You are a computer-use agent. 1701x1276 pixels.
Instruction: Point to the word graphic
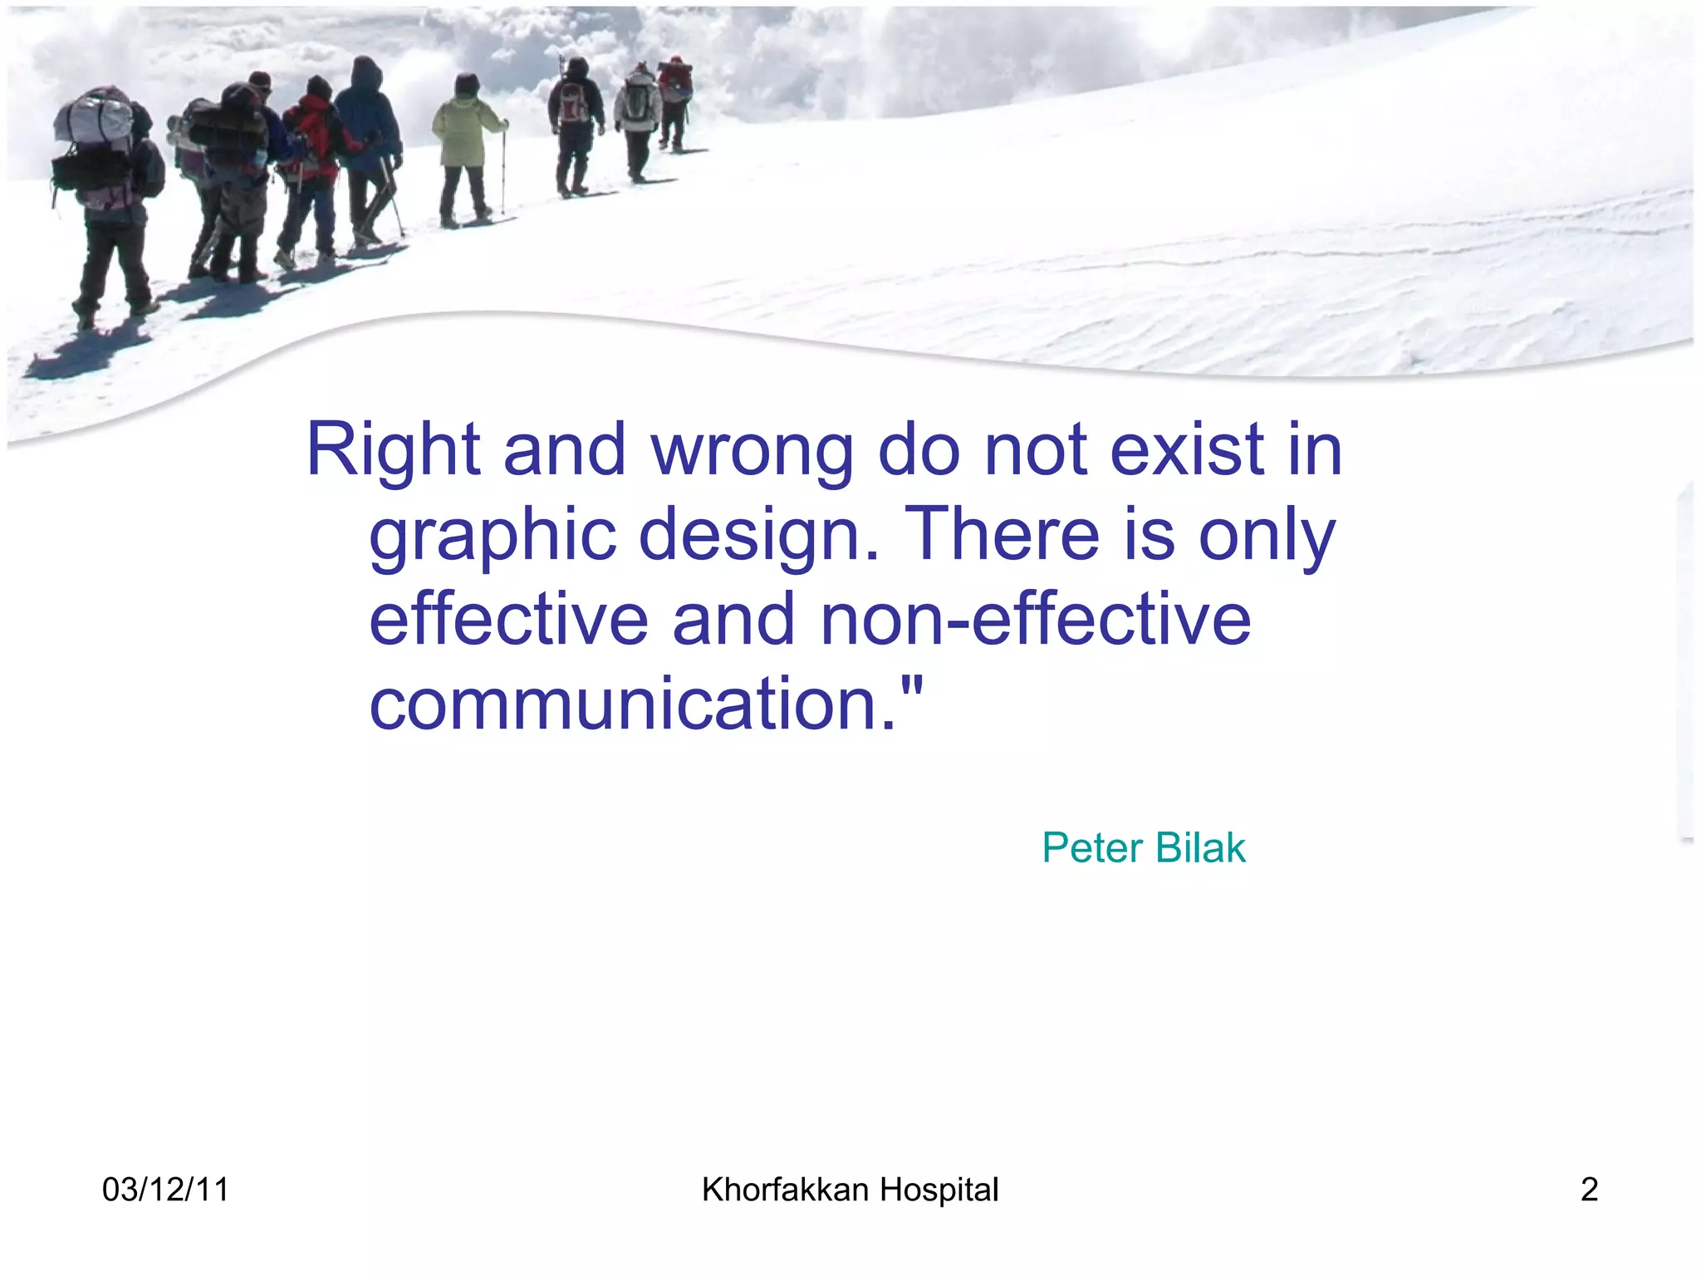tap(493, 536)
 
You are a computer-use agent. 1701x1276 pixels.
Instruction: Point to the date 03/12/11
tap(165, 1190)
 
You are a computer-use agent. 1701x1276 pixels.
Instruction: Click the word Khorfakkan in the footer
tap(785, 1190)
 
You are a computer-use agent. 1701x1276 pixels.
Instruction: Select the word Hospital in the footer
tap(939, 1190)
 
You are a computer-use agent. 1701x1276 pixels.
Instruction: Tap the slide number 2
tap(1589, 1190)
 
